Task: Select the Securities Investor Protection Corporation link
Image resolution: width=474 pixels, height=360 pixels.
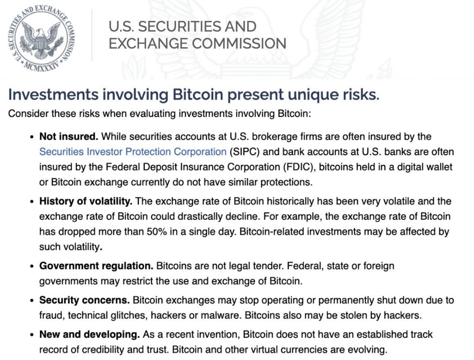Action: (133, 151)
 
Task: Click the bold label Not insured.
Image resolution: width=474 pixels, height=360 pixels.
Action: (68, 136)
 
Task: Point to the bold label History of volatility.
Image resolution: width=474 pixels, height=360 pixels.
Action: (86, 201)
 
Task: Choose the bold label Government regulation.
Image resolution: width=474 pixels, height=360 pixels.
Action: (96, 266)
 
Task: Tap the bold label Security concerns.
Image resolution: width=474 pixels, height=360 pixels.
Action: (84, 300)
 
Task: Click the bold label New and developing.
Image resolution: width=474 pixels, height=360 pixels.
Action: (89, 334)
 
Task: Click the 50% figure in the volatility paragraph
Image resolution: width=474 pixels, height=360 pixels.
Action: (157, 232)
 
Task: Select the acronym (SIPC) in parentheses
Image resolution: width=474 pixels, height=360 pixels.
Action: (245, 151)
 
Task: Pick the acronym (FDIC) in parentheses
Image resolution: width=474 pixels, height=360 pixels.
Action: (300, 167)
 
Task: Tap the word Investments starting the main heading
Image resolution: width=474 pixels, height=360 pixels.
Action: (53, 94)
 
